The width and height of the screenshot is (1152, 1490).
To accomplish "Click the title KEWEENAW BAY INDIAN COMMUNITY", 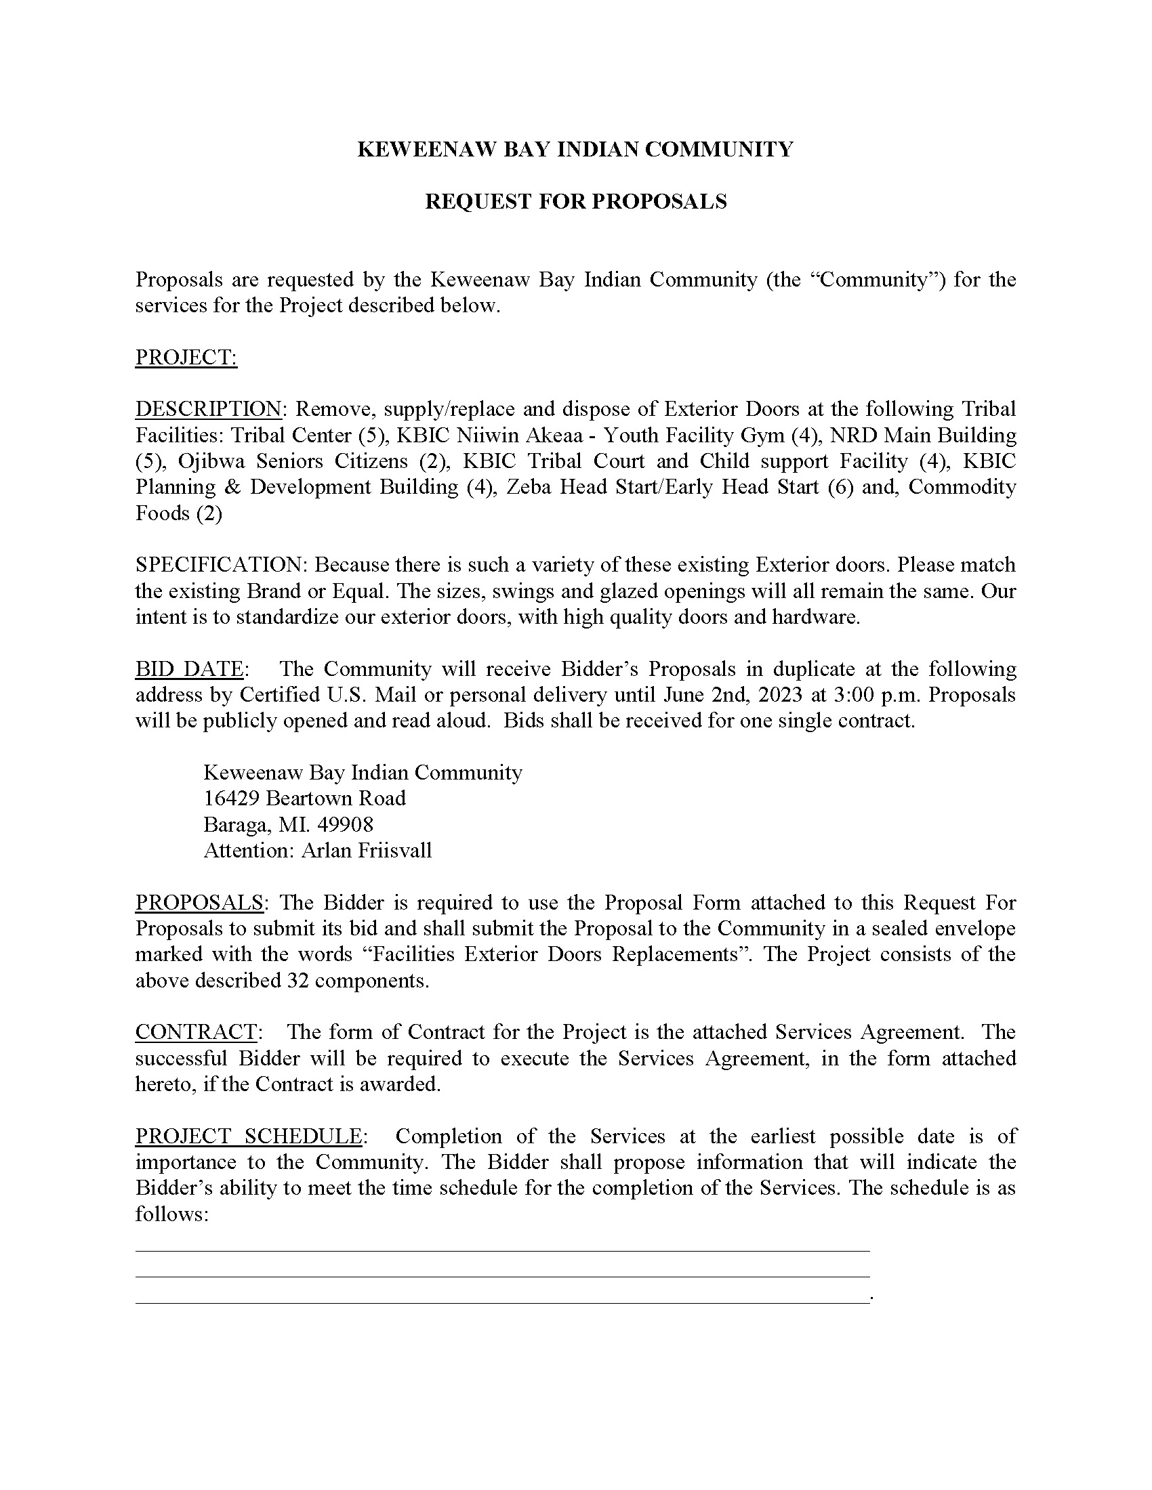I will coord(575,150).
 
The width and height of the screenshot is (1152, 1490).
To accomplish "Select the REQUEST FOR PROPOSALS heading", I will coord(575,201).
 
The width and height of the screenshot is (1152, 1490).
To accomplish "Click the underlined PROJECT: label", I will coord(186,357).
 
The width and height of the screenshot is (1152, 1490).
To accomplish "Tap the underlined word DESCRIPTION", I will coord(208,408).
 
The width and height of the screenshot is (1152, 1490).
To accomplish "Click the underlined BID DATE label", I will coord(190,668).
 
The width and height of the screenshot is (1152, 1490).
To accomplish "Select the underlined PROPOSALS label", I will coord(199,902).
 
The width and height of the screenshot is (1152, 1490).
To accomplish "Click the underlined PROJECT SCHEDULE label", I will coord(249,1136).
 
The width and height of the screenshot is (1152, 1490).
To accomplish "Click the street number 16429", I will coord(231,799).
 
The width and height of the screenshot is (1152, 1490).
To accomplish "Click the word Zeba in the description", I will coord(527,487).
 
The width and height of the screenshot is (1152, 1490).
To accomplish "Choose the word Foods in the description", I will coord(162,513).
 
